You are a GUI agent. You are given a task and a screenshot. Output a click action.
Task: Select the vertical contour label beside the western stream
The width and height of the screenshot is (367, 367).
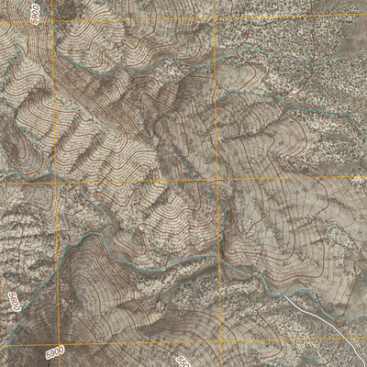tap(13, 304)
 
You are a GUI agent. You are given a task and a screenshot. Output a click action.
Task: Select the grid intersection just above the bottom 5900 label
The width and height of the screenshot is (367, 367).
tap(58, 342)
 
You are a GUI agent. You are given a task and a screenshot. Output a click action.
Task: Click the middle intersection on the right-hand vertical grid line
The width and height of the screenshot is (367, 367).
tap(217, 180)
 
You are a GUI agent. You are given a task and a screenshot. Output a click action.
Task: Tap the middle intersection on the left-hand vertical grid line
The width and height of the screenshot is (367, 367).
tap(55, 182)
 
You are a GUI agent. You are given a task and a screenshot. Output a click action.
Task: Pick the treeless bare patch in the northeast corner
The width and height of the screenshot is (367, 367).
tap(353, 37)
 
